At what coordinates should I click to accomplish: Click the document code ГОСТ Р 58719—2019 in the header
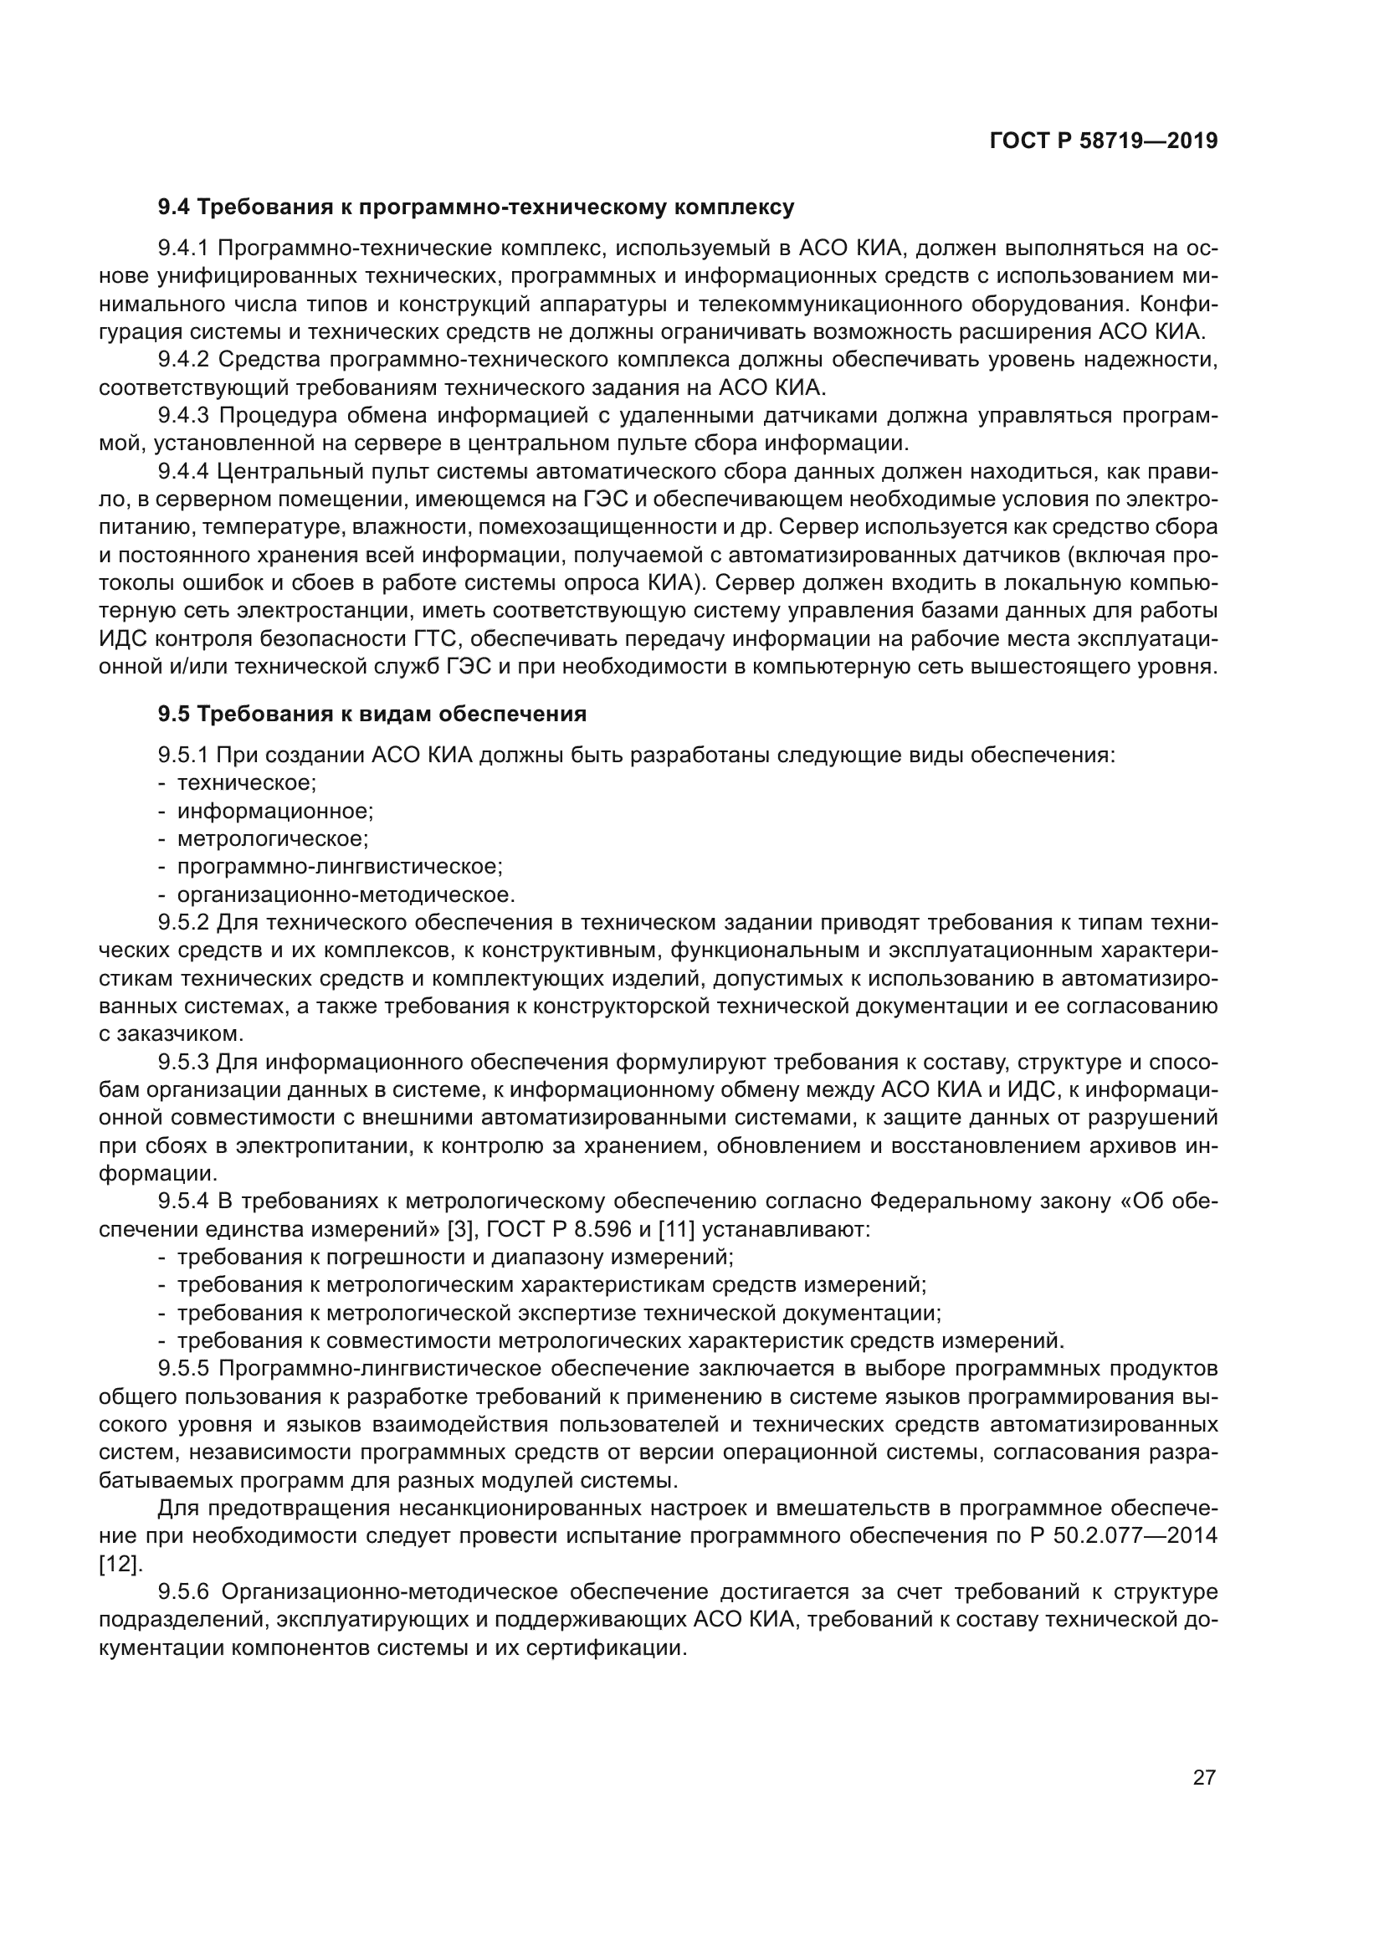(1103, 141)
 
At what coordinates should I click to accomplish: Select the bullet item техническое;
(246, 782)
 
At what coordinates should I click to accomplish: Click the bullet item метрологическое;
(273, 838)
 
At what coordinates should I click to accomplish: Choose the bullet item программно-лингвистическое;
(339, 867)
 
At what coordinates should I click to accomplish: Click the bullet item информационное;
(275, 811)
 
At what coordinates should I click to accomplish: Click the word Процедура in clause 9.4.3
(278, 416)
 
